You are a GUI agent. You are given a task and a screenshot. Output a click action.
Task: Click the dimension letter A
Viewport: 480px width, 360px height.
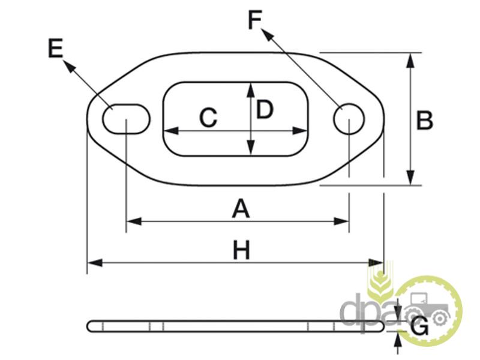click(240, 209)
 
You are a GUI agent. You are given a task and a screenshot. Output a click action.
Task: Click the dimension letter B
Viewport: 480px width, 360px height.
click(425, 121)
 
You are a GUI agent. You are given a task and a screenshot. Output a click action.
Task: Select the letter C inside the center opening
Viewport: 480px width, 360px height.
click(208, 118)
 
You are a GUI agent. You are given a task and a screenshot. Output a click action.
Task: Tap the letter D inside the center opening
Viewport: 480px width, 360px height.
click(265, 110)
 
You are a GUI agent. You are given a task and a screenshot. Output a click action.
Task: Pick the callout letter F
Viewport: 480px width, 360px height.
click(255, 20)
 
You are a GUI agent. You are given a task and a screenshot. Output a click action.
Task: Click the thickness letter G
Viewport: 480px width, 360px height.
click(421, 328)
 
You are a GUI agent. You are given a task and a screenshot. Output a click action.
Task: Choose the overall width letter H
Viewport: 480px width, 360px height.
click(241, 251)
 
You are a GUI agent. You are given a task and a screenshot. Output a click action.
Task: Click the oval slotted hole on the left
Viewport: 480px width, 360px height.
click(126, 118)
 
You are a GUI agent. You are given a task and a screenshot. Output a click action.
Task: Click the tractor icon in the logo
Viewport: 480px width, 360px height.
click(428, 307)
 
